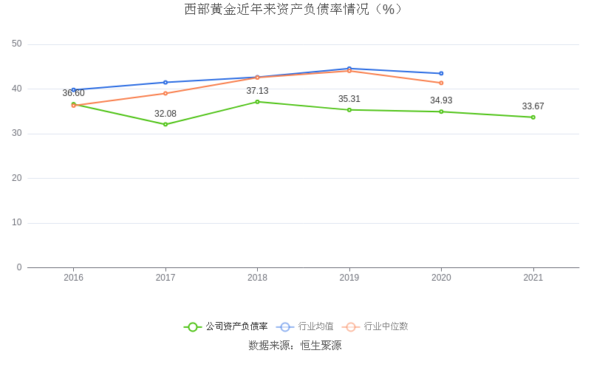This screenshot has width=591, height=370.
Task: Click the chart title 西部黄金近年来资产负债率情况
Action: point(295,10)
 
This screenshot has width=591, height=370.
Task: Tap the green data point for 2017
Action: point(165,124)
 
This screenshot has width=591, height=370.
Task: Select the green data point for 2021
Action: point(533,117)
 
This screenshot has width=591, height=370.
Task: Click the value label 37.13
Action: point(257,91)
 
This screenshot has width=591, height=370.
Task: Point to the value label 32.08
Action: point(165,114)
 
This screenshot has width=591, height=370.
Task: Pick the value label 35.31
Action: point(349,99)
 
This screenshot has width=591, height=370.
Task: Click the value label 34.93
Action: point(441,100)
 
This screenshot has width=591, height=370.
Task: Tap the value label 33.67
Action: point(533,106)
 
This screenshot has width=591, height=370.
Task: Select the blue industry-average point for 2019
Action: point(349,69)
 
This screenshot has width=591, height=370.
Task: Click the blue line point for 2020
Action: point(441,74)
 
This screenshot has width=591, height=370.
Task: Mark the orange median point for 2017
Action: point(165,93)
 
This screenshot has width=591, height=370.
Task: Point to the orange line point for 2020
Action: point(441,83)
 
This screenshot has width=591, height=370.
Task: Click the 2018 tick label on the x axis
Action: point(257,278)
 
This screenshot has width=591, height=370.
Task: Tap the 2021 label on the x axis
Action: point(533,278)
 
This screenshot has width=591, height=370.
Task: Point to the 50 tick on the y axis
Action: point(17,44)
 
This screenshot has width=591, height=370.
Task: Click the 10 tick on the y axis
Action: point(17,223)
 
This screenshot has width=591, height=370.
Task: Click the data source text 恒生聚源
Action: point(320,345)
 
